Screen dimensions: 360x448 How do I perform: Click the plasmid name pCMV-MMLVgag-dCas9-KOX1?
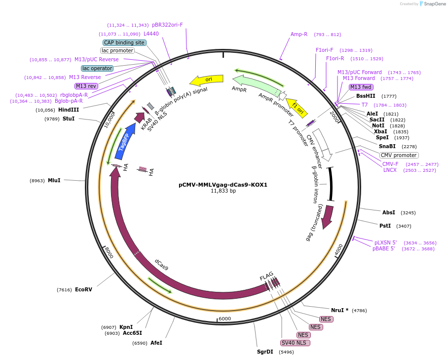(x=223, y=185)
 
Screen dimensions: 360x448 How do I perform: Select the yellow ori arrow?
(x=207, y=80)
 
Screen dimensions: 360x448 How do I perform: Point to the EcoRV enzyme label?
(x=83, y=289)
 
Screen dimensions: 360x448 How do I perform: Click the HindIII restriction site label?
(x=69, y=110)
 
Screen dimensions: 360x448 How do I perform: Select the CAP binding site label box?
(x=124, y=42)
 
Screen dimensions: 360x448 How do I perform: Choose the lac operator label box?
(x=97, y=68)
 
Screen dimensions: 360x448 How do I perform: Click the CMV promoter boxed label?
(x=399, y=155)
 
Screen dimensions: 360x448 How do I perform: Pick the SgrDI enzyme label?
(x=265, y=352)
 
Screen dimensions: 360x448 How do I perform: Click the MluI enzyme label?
(x=54, y=180)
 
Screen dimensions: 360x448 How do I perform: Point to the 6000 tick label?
(x=225, y=319)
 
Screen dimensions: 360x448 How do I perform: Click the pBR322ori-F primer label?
(x=167, y=25)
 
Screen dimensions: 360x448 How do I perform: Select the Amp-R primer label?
(x=299, y=35)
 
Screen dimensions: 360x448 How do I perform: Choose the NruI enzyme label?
(x=339, y=310)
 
